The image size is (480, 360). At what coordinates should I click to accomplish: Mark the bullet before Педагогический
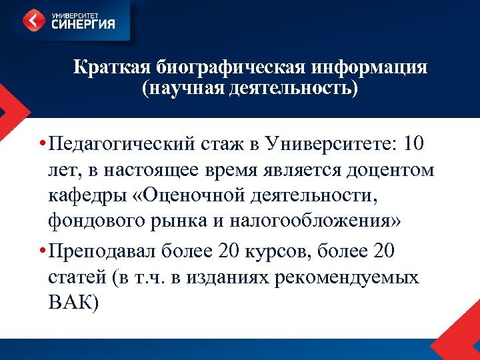point(41,144)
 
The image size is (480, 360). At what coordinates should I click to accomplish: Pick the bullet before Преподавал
point(41,253)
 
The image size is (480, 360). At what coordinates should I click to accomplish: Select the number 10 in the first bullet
point(414,143)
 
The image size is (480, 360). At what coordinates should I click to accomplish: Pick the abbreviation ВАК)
point(73,305)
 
